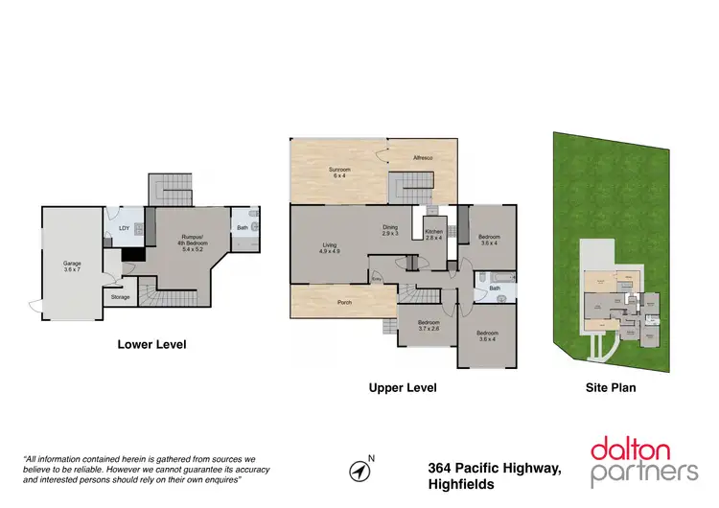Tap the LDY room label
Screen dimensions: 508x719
point(124,227)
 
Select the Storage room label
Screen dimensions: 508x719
point(120,297)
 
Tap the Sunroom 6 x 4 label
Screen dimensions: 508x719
point(340,173)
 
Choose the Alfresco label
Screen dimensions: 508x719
point(425,157)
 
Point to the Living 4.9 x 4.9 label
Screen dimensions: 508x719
point(329,249)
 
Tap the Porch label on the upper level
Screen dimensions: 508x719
point(343,306)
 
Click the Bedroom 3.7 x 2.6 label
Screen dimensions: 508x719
point(428,326)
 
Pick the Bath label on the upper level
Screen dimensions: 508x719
point(495,288)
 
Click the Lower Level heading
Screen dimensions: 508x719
point(151,344)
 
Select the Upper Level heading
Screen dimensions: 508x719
point(403,388)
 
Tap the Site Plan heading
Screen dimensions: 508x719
point(611,388)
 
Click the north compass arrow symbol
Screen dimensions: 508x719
point(359,471)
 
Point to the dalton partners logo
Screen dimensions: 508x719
point(643,459)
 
